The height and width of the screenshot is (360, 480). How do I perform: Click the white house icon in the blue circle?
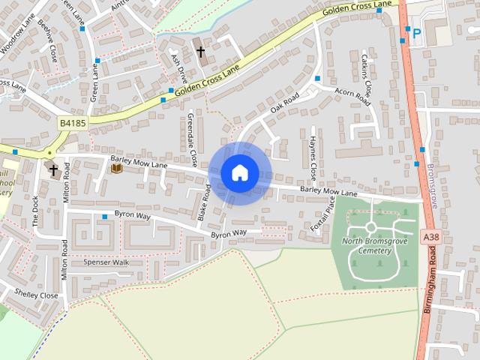239,172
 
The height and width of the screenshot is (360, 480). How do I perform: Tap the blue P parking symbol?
416,34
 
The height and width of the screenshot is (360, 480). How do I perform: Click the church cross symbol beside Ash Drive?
200,52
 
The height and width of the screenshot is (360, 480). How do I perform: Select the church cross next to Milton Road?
53,170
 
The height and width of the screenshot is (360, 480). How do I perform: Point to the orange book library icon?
116,169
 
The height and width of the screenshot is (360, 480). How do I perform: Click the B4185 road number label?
73,121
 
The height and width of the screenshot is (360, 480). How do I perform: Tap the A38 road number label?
430,236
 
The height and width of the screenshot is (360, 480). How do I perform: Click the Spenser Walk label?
106,262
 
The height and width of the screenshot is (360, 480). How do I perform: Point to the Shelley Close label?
36,295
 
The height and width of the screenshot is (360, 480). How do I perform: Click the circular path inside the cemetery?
370,226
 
